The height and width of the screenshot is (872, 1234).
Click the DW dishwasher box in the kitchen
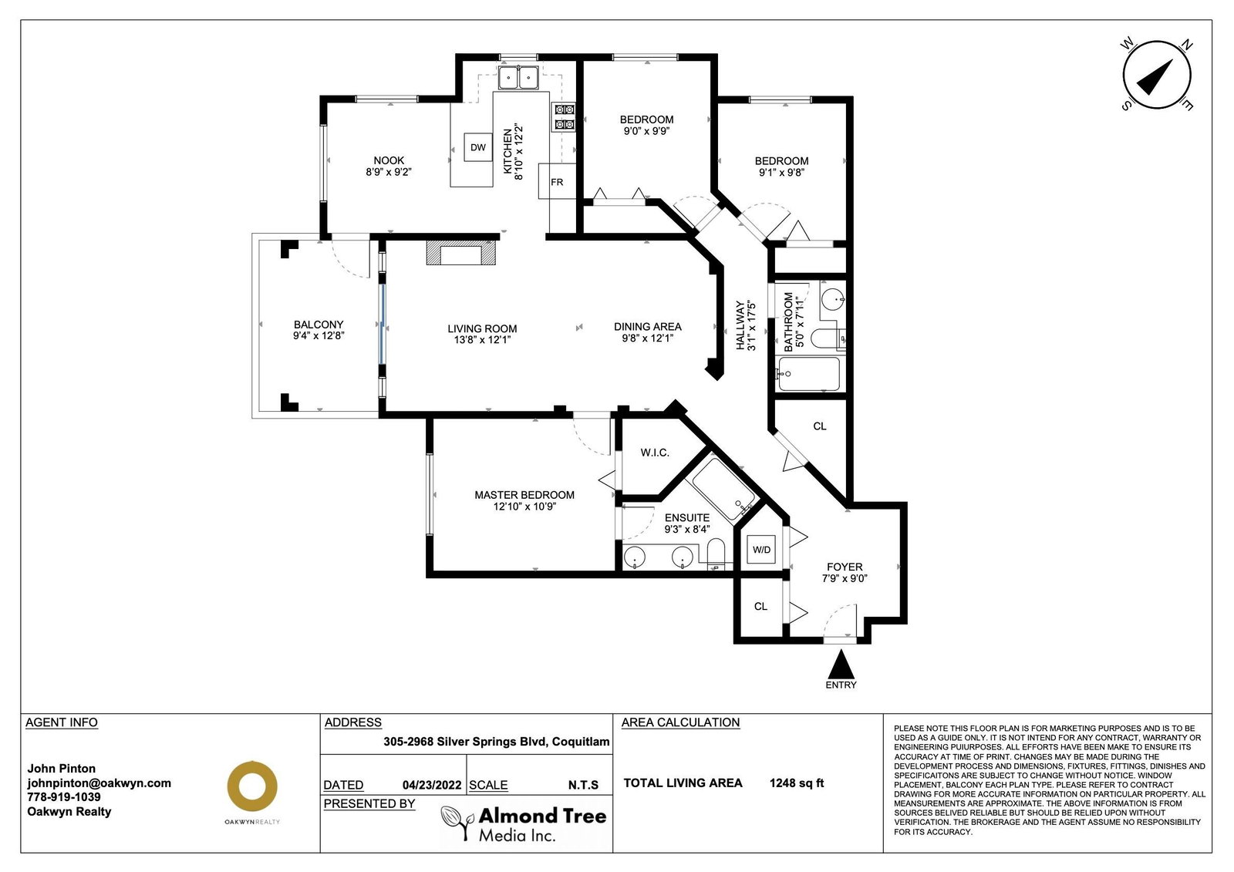coord(477,147)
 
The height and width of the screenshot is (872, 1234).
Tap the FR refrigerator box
coord(557,181)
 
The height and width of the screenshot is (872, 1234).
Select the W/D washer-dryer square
coord(761,549)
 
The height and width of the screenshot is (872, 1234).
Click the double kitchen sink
coord(518,77)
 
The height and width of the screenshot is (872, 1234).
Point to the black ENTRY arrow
coord(841,664)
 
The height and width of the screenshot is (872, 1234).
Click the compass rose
coord(1157,74)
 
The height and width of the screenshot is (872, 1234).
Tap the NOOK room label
coord(389,160)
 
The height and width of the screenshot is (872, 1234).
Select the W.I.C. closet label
coord(655,453)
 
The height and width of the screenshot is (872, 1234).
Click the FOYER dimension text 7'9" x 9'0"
coord(845,578)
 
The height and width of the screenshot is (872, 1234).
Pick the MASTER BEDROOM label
coord(524,495)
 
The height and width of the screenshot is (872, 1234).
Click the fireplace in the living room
coord(461,252)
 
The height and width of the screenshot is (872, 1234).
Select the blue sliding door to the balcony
coord(382,323)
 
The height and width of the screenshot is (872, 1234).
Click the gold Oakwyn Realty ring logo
coord(252,786)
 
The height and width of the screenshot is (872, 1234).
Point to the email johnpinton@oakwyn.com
coord(99,783)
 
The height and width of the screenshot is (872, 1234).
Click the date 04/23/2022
coord(432,785)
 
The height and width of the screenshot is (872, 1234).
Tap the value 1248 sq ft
coord(797,783)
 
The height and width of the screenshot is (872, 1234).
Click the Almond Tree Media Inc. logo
coord(524,823)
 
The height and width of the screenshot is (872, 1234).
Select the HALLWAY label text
coord(740,325)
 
